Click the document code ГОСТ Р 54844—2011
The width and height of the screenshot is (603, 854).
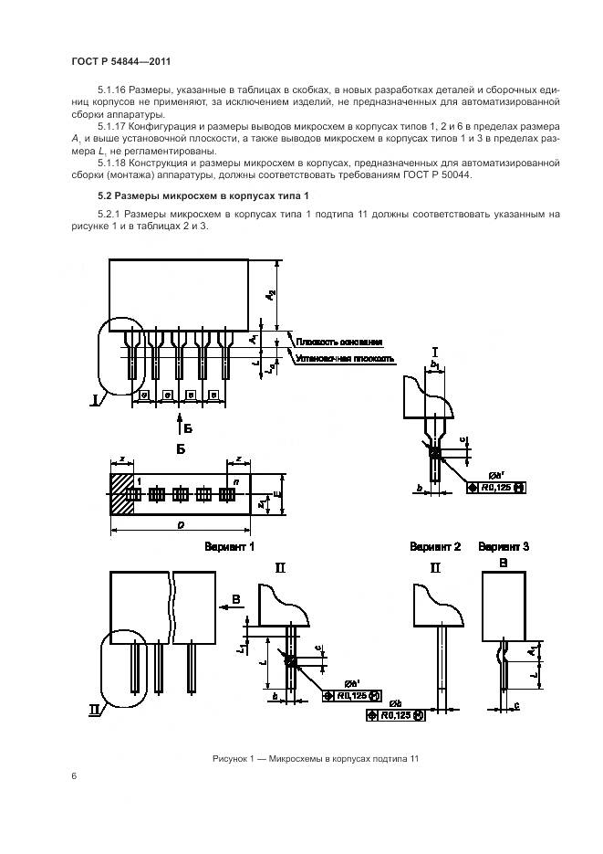[x=120, y=61]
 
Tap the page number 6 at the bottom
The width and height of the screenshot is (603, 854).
[x=73, y=776]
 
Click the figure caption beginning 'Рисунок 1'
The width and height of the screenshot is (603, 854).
[x=314, y=759]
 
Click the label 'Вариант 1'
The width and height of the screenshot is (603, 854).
[x=228, y=546]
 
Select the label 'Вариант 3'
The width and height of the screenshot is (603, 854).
[x=504, y=546]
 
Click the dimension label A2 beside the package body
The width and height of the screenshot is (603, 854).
[x=271, y=293]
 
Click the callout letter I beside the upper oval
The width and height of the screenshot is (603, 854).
[x=94, y=399]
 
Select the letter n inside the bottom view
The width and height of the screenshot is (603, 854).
[x=236, y=480]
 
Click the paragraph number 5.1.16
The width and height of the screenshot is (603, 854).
[x=112, y=93]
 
